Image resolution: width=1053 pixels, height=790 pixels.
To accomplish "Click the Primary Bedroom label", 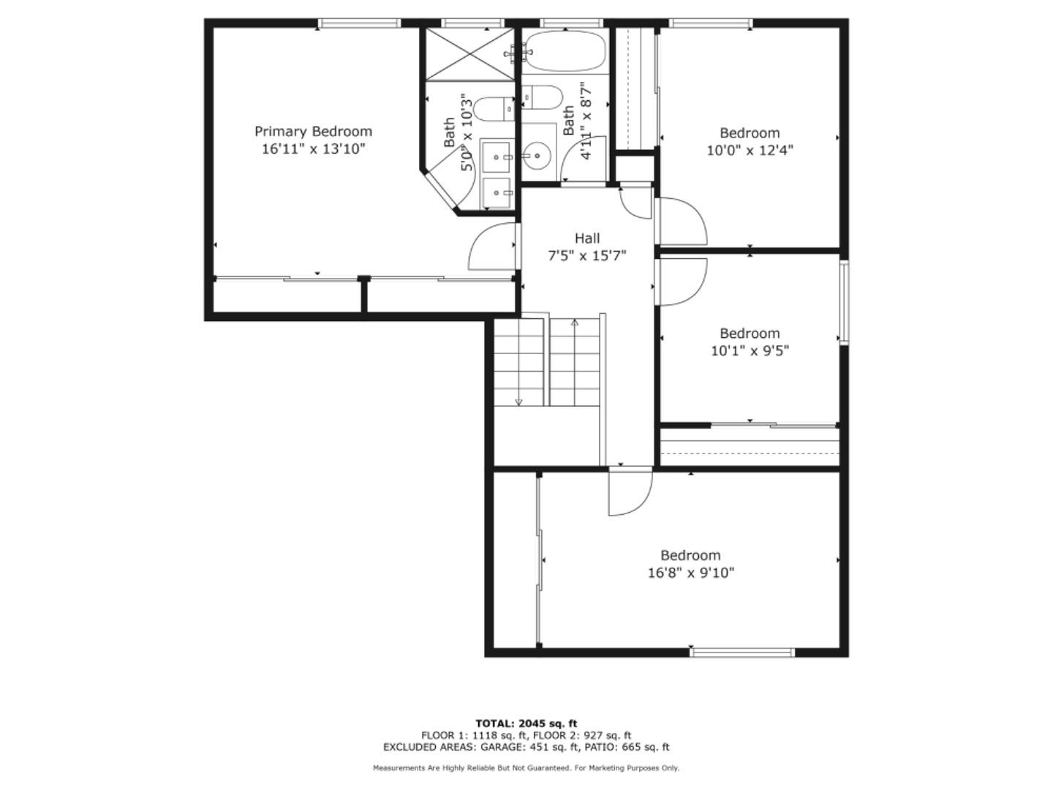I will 313,132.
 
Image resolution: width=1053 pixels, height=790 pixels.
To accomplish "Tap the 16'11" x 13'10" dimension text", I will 313,149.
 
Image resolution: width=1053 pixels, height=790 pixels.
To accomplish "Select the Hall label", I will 587,238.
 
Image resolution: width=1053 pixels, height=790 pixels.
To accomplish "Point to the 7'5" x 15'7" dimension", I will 587,256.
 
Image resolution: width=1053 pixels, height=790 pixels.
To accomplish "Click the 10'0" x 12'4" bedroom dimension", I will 750,151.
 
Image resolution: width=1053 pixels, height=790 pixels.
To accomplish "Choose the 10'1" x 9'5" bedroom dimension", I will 750,351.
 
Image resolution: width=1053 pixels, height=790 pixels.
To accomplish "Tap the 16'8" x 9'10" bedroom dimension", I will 690,573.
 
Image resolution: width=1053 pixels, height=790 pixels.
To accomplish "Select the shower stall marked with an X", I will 470,54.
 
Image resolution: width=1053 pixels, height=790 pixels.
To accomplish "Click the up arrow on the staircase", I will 575,323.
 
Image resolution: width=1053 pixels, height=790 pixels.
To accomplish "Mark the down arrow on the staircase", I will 518,401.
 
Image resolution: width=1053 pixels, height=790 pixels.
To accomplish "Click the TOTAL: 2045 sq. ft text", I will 526,723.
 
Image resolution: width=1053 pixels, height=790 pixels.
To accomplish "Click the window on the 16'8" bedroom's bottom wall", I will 741,652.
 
